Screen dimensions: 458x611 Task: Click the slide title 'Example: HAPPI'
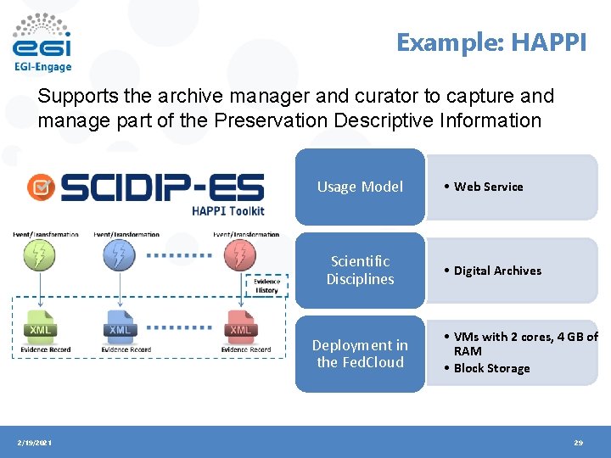490,42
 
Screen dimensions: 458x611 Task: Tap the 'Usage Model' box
360,187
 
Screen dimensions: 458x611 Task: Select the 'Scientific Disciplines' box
360,271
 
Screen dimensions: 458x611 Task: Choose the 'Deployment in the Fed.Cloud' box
360,354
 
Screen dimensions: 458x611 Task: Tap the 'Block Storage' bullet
491,368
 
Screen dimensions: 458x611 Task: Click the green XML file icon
40,327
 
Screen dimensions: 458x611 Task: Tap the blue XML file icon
120,327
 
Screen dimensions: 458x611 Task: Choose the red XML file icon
241,327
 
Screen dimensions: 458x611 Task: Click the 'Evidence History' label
266,285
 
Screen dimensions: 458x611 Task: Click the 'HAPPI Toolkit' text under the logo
228,210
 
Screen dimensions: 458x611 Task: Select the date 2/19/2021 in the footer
35,443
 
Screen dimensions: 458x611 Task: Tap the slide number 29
578,443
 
